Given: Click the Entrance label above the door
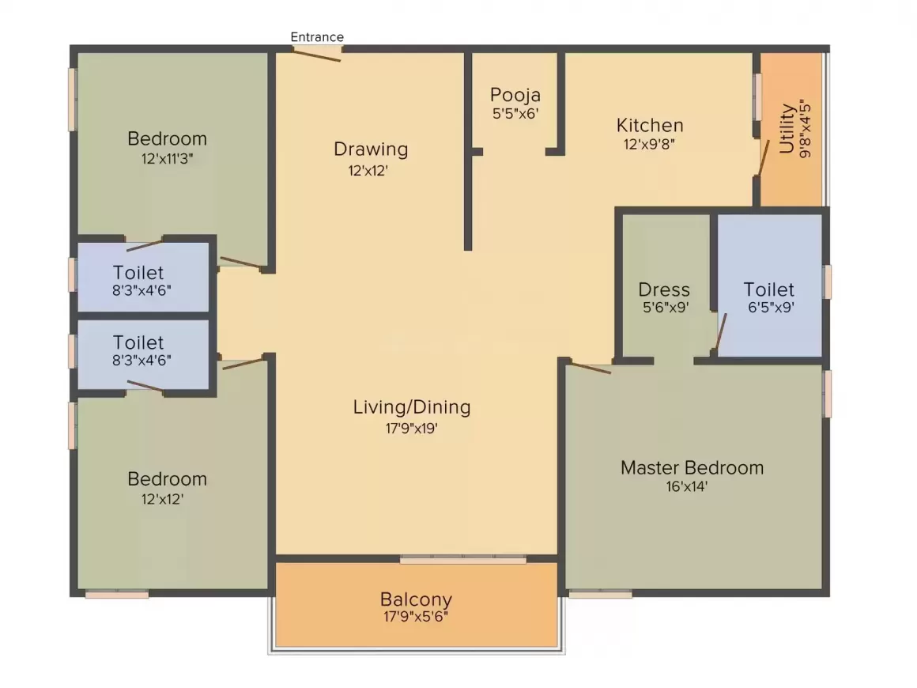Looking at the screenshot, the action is click(317, 37).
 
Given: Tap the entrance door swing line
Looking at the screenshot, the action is click(316, 55).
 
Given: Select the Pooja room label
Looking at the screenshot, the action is click(515, 95).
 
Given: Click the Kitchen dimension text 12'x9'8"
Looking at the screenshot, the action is click(649, 144).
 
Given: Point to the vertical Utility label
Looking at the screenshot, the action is click(787, 129).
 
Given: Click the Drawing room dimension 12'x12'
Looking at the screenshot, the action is click(368, 170).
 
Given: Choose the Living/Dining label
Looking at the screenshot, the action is click(412, 407).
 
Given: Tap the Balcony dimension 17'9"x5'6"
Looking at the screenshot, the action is click(416, 616).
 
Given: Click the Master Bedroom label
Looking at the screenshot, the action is click(692, 468).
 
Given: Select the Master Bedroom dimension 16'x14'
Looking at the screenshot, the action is click(687, 486).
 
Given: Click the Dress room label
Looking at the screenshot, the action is click(664, 289).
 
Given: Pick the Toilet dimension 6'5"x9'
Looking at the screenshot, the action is click(771, 307).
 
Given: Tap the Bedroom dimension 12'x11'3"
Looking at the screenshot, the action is click(167, 158).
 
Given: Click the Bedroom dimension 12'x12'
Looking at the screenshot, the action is click(163, 499).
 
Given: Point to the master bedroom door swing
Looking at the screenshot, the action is click(591, 368).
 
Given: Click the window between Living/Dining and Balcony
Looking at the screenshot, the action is click(462, 560).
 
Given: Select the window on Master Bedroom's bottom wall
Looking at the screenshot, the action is click(600, 595).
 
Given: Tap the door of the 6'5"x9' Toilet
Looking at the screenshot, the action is click(720, 332).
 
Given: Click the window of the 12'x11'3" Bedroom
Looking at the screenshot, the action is click(73, 100).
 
